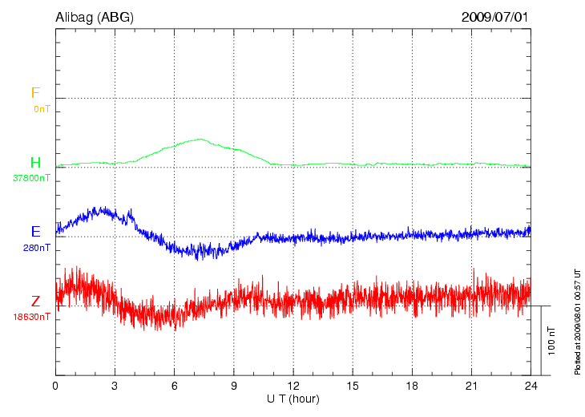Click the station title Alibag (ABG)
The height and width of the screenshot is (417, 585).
[x=95, y=16]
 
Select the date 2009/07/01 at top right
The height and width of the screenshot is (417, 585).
[x=495, y=16]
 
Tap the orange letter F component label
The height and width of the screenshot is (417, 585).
[x=35, y=93]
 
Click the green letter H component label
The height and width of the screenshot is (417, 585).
[x=35, y=163]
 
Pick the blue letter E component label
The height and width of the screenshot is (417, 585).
[x=35, y=232]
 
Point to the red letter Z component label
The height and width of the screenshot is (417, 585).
[x=35, y=302]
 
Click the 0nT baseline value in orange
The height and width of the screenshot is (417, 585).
[x=42, y=108]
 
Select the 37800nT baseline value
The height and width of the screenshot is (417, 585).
[x=31, y=178]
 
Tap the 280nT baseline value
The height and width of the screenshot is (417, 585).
[x=37, y=248]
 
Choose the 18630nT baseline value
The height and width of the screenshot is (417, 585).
[x=31, y=317]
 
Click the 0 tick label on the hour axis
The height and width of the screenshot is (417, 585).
[x=55, y=386]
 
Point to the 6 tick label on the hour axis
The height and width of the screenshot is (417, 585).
[x=175, y=386]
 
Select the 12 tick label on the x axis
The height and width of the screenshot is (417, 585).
[x=293, y=386]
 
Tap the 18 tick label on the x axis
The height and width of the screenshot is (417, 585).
[x=412, y=386]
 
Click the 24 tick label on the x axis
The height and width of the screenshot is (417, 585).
[x=531, y=386]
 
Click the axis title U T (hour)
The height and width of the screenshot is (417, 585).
[x=293, y=399]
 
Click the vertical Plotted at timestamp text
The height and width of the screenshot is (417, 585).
[x=577, y=321]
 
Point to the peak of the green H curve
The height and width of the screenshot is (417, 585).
[x=200, y=139]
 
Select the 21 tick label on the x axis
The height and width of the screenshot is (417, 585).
[x=471, y=386]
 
